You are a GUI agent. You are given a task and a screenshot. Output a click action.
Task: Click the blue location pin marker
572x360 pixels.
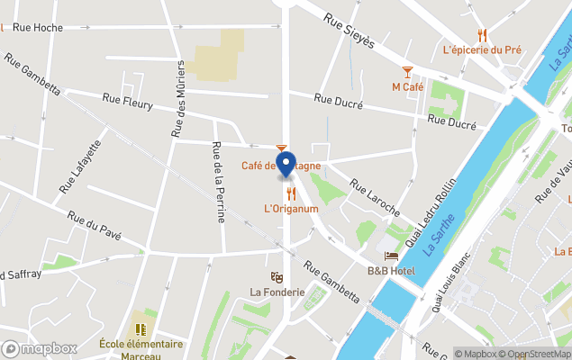coord(286,165)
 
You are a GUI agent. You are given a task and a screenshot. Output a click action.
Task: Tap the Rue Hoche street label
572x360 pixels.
coord(37,28)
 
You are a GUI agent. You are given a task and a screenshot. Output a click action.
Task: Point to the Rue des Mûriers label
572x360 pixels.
coord(178,99)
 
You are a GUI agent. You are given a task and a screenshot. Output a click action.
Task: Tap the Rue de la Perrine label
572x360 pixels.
coord(217,182)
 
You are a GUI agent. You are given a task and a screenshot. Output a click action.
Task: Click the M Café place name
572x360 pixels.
coord(407,87)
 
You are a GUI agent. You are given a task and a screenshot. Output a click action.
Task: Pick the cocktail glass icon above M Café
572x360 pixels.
coord(407,71)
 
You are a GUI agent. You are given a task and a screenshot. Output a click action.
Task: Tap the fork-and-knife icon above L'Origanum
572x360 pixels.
coord(291,193)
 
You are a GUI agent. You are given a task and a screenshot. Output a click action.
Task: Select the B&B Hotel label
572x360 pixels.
coord(390,271)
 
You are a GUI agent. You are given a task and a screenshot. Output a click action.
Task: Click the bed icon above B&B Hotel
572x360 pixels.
coord(390,256)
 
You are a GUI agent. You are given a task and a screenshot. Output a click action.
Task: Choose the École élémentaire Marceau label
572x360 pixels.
coord(141,349)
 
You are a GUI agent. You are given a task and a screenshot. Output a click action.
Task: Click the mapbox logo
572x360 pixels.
coord(40,348)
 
